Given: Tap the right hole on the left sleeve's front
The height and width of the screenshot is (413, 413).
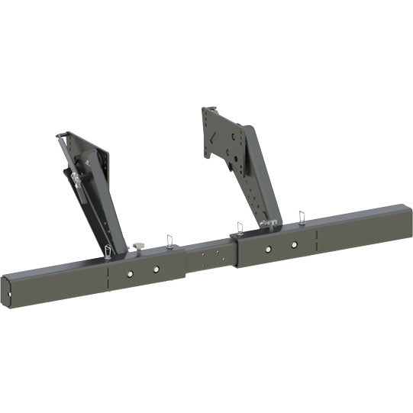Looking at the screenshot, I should (156, 269).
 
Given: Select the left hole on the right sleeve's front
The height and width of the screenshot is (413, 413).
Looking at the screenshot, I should (269, 249).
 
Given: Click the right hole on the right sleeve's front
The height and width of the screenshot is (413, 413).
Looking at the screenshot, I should (294, 245).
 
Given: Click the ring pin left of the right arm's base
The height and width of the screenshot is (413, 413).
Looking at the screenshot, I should (240, 227).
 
